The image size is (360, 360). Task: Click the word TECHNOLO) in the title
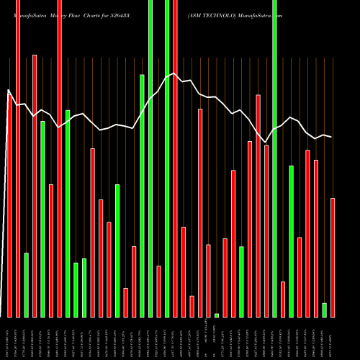[x=226, y=14]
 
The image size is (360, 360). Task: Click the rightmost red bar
[x=333, y=257]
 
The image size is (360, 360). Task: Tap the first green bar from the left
[x=27, y=284]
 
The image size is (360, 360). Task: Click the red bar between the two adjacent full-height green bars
[x=158, y=292]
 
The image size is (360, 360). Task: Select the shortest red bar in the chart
[x=192, y=306]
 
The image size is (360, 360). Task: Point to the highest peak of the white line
[x=175, y=73]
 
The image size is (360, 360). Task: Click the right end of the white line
[x=332, y=137]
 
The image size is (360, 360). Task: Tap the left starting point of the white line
[x=9, y=91]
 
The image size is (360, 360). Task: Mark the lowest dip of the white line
[x=266, y=142]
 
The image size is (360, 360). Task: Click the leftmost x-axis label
[x=9, y=338]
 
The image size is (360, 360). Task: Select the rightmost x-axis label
[x=333, y=338]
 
